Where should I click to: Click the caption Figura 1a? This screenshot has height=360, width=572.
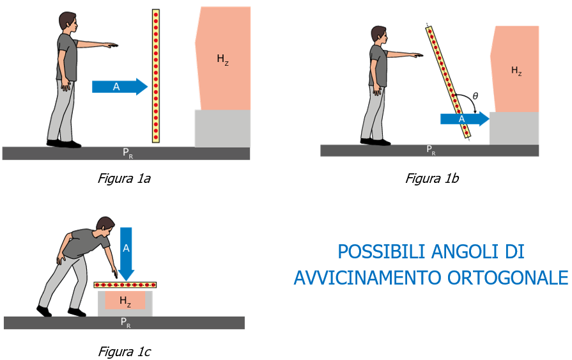click(x=124, y=178)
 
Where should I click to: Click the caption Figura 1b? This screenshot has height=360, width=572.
click(x=432, y=178)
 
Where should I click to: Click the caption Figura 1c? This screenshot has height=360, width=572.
click(x=124, y=351)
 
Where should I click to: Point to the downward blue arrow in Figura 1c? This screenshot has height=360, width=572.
click(x=127, y=253)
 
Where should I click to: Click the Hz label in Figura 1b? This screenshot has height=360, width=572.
click(x=516, y=71)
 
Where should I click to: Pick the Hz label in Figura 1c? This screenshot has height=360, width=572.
click(x=125, y=301)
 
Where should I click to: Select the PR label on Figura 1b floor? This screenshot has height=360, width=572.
click(x=431, y=150)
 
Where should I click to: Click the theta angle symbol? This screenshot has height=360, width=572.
click(x=474, y=97)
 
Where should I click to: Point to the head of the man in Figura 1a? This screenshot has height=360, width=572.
click(x=68, y=22)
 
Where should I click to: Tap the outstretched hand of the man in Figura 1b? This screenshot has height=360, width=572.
click(x=418, y=56)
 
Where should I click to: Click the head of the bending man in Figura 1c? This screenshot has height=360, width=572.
click(x=105, y=226)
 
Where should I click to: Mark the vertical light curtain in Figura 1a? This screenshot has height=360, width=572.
click(x=156, y=75)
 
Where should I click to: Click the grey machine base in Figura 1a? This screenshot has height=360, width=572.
click(x=222, y=128)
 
